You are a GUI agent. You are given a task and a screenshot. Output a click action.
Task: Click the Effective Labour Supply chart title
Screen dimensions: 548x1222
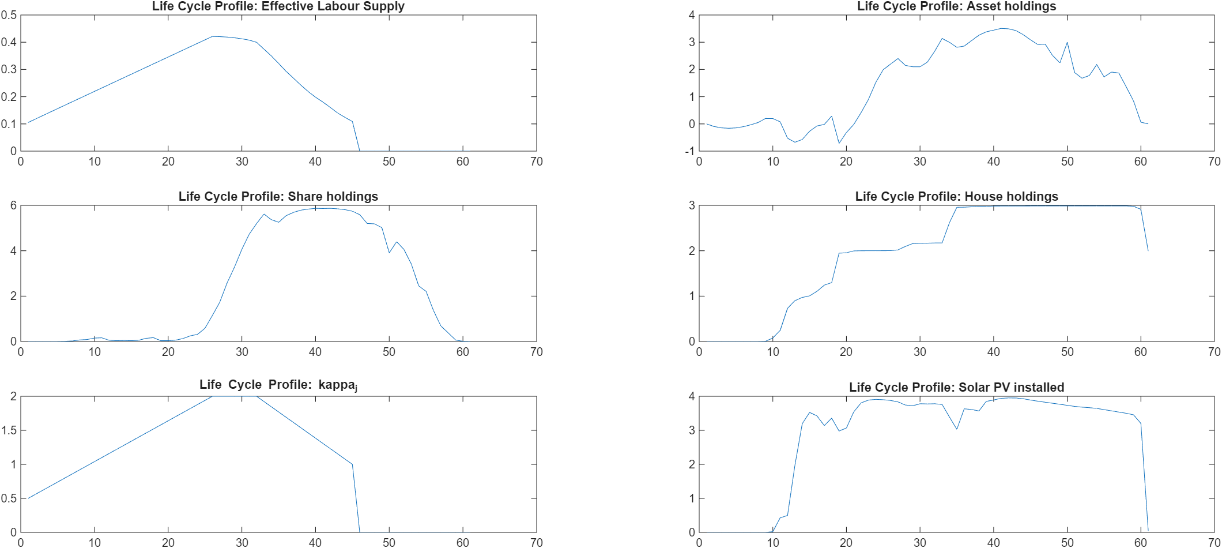coord(278,6)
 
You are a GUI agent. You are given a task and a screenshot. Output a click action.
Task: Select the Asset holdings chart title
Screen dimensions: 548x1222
coord(956,6)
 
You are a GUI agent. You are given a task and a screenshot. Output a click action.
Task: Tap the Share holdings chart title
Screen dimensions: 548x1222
coord(278,196)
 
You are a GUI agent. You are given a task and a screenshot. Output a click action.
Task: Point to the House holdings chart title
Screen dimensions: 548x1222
coord(956,196)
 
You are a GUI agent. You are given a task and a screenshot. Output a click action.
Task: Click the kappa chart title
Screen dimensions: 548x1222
coord(278,385)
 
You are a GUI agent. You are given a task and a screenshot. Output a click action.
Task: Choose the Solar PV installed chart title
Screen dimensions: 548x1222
coord(956,387)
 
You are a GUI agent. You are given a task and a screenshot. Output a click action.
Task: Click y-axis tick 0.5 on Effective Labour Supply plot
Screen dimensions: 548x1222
coord(9,15)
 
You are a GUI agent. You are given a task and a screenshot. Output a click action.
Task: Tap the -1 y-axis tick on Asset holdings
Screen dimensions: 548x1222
coord(690,151)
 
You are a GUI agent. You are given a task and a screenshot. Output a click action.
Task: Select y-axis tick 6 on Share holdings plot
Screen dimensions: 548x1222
coord(13,205)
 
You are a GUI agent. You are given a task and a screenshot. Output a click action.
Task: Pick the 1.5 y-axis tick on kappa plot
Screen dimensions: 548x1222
coord(9,430)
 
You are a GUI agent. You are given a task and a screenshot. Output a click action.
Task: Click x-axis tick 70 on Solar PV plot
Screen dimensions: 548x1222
coord(1214,542)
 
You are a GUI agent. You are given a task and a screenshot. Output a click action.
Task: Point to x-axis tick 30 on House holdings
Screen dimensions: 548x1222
coord(920,352)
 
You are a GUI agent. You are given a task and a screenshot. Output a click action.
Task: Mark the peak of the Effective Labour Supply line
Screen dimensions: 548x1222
coord(212,36)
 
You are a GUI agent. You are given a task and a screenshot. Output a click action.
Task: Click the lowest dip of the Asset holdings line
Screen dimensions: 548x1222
coord(839,143)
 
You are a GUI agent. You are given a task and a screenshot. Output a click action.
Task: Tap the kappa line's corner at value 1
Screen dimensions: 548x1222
coord(352,464)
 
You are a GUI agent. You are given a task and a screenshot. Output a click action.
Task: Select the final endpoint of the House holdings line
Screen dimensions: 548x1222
coord(1148,250)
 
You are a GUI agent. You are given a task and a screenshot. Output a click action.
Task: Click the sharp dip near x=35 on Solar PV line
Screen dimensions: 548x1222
coord(957,429)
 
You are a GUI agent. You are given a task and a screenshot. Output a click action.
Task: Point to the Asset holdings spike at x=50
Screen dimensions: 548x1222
coord(1067,42)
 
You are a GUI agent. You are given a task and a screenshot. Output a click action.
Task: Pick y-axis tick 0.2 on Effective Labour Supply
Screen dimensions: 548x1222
coord(9,96)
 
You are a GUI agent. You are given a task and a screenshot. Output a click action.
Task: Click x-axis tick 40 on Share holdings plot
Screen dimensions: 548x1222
coord(315,352)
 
